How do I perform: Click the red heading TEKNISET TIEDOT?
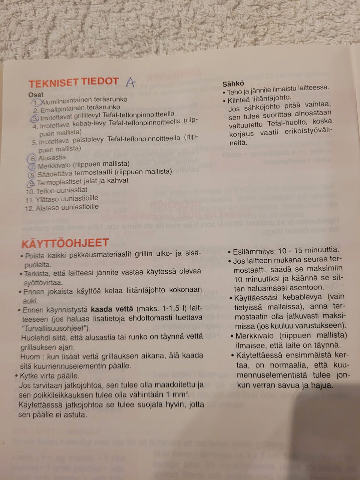(74, 82)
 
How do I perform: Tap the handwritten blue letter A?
(130, 82)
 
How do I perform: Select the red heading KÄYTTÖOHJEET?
(65, 243)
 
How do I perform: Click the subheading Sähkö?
(233, 84)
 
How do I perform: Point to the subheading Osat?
(36, 95)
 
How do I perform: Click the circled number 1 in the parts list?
(36, 102)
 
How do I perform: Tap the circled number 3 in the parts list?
(36, 118)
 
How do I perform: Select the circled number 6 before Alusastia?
(33, 158)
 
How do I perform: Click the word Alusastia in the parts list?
(52, 158)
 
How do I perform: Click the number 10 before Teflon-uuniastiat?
(30, 192)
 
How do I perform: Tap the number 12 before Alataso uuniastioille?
(29, 208)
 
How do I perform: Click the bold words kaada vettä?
(112, 309)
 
